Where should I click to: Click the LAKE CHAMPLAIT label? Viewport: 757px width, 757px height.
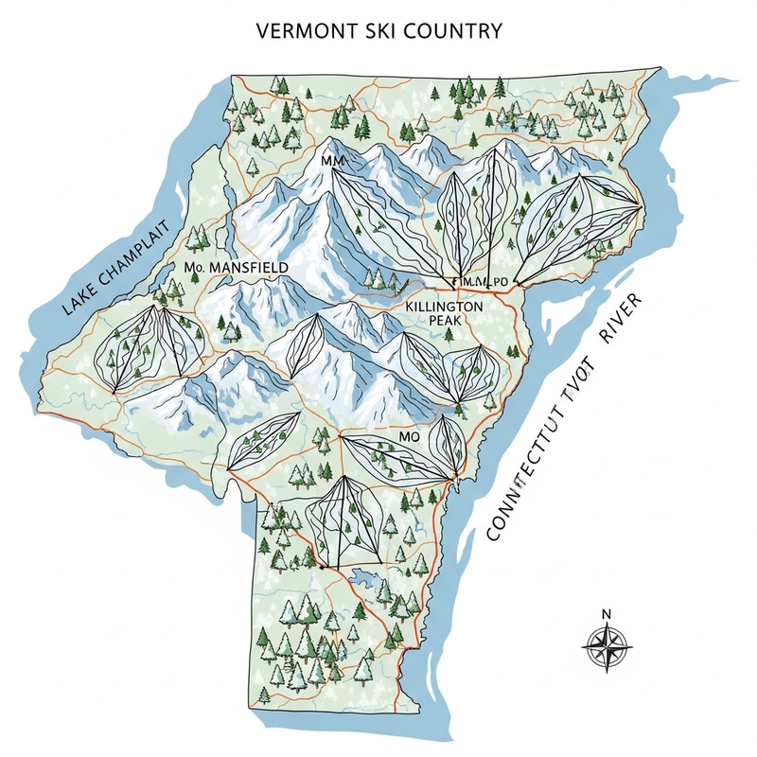[x=112, y=265]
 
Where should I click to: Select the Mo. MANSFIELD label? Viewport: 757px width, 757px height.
[x=234, y=269]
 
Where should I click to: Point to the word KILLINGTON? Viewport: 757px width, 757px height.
[x=445, y=308]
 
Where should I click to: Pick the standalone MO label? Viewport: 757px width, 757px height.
[x=409, y=438]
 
